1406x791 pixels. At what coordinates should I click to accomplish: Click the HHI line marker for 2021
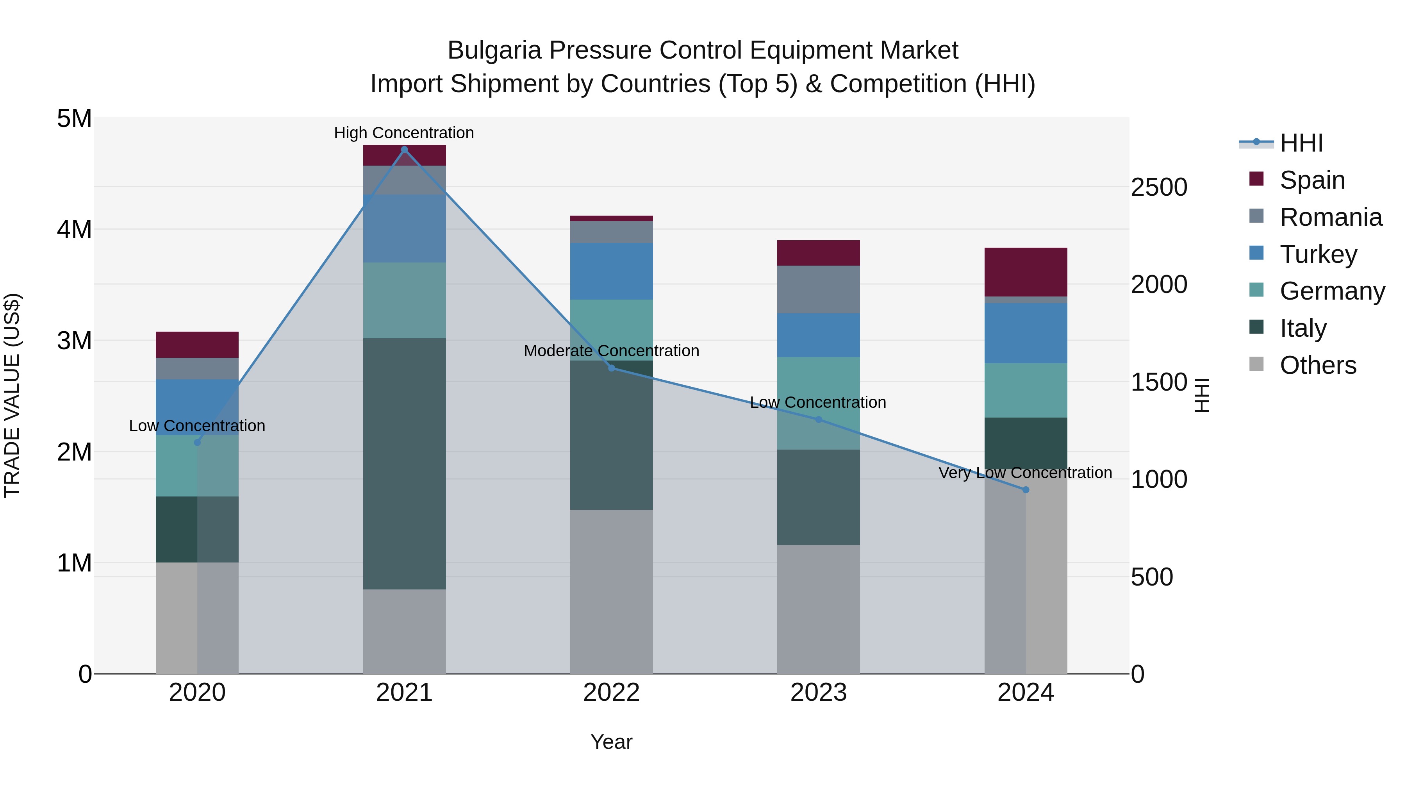click(404, 150)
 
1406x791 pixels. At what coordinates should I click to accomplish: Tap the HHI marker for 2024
click(1026, 490)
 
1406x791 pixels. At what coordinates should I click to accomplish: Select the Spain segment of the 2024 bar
click(1026, 272)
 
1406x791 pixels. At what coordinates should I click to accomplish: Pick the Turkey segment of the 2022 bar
click(611, 271)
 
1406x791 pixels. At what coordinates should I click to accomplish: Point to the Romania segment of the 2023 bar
click(818, 289)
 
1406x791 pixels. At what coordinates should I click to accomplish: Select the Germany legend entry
click(1332, 291)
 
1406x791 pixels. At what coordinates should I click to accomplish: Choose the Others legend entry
click(1318, 365)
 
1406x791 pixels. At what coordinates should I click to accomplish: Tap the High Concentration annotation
click(404, 133)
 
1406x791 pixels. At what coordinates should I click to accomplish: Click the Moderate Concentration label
click(611, 350)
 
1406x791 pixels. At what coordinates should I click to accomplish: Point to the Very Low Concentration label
click(1025, 473)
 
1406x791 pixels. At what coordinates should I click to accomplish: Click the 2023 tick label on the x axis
click(818, 693)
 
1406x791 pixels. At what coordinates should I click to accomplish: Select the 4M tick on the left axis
click(75, 229)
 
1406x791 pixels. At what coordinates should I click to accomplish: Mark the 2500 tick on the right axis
click(1159, 187)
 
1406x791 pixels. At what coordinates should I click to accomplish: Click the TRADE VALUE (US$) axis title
click(12, 395)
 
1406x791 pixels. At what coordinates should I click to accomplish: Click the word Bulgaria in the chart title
click(494, 50)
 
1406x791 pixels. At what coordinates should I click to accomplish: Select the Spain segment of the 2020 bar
click(197, 345)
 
